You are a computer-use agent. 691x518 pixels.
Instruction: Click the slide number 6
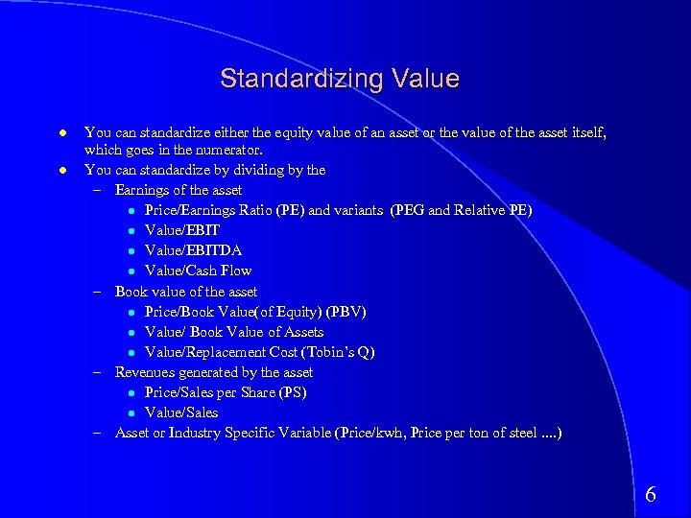pyautogui.click(x=651, y=495)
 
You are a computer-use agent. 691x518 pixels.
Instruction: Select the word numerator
pyautogui.click(x=229, y=150)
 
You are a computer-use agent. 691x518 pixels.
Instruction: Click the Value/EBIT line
pyautogui.click(x=182, y=230)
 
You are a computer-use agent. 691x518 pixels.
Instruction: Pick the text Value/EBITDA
pyautogui.click(x=193, y=250)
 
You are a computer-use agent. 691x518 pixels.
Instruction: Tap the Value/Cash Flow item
pyautogui.click(x=198, y=271)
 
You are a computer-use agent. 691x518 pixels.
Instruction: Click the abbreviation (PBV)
pyautogui.click(x=345, y=312)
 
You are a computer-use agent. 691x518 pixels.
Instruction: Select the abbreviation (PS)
pyautogui.click(x=292, y=392)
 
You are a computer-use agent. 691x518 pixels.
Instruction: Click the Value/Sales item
pyautogui.click(x=181, y=412)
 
